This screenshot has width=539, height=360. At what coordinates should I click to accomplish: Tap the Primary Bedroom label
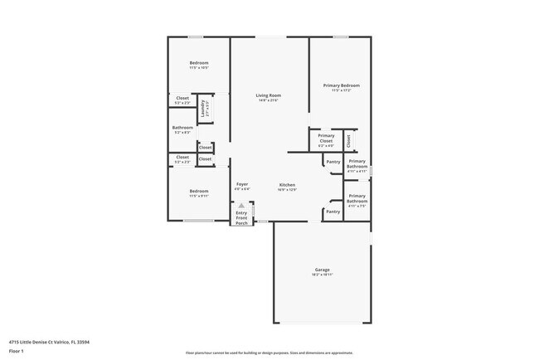click(x=341, y=85)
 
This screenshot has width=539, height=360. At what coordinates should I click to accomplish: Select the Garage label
click(x=322, y=270)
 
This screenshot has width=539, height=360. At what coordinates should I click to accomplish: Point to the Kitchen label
click(x=287, y=184)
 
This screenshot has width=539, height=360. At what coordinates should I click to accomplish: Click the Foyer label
click(x=242, y=183)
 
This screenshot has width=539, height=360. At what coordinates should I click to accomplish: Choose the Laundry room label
click(x=202, y=108)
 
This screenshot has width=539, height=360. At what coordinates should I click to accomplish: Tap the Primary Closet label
click(x=326, y=138)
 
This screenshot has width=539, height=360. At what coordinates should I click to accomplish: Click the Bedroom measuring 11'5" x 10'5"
click(x=198, y=63)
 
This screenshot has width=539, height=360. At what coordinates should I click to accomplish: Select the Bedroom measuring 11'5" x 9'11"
click(x=198, y=191)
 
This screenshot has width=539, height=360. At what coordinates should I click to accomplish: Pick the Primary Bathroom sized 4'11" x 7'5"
click(x=357, y=199)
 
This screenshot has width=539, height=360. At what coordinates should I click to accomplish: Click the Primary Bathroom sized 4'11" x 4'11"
click(x=357, y=163)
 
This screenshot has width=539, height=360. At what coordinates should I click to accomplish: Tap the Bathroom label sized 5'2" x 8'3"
click(x=182, y=128)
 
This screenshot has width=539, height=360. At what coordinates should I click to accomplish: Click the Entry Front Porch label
click(x=241, y=218)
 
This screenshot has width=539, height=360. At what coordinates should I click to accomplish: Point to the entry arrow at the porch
click(x=241, y=206)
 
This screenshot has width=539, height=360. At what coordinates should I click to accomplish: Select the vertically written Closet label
click(x=348, y=141)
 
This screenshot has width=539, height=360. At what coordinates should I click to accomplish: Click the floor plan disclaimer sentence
click(x=269, y=352)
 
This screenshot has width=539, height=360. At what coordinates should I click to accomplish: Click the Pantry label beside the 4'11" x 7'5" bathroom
click(x=333, y=212)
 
